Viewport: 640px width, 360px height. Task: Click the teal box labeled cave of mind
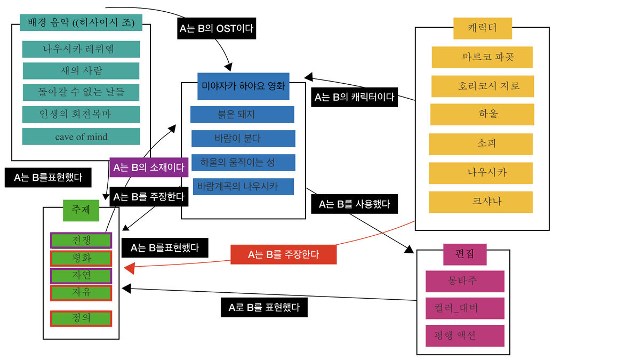click(81, 137)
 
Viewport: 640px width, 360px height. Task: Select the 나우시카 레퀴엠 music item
click(81, 49)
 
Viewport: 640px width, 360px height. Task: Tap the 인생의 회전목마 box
click(81, 114)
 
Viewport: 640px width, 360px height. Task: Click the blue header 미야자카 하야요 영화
click(243, 86)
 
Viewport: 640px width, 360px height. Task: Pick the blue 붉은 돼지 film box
click(242, 114)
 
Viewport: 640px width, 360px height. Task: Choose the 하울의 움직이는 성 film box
click(243, 162)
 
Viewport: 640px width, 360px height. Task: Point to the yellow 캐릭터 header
click(482, 28)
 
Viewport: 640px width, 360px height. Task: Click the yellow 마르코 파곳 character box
click(482, 57)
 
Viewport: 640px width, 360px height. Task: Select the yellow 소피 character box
click(481, 143)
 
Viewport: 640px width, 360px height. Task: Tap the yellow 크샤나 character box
click(481, 202)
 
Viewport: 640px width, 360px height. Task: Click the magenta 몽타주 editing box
click(465, 281)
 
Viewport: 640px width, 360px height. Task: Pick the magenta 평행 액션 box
click(465, 335)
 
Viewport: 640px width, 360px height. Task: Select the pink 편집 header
click(465, 254)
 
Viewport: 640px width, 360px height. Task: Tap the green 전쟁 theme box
click(81, 241)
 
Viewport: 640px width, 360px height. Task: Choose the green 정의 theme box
click(81, 318)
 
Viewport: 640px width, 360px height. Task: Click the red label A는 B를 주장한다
click(283, 254)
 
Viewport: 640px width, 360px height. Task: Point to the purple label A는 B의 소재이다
click(149, 167)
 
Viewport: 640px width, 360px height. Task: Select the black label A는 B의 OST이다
click(217, 29)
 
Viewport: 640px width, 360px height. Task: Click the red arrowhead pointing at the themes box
click(129, 268)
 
